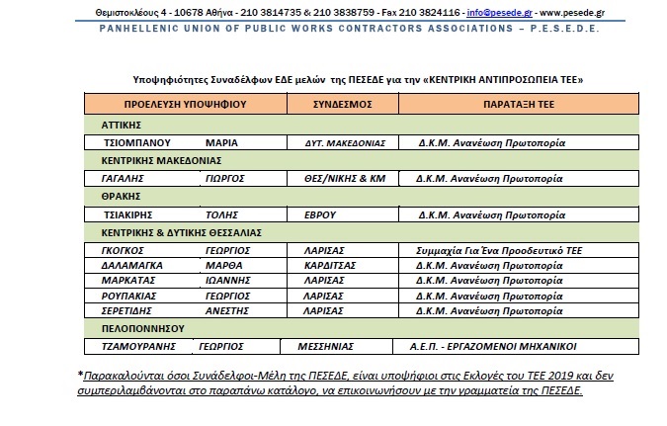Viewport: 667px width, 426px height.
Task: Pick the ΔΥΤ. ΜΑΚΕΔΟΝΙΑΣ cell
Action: click(341, 142)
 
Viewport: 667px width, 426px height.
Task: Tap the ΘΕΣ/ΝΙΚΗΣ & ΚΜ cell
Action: click(341, 179)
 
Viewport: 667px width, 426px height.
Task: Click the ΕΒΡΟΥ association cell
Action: click(322, 214)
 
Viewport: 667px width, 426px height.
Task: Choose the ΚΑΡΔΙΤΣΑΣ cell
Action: click(331, 266)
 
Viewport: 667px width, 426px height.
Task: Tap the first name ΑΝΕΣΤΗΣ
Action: click(227, 309)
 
